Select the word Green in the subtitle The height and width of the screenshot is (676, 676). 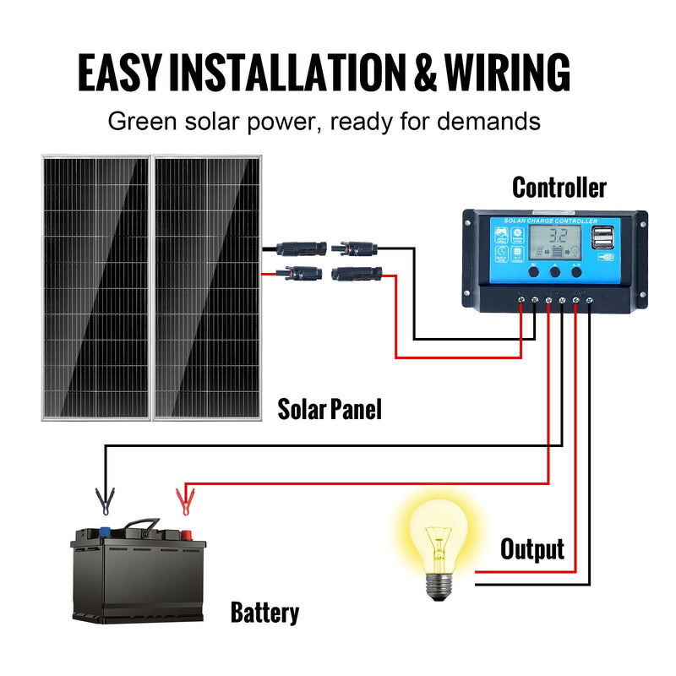point(139,121)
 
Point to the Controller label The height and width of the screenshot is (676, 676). point(559,187)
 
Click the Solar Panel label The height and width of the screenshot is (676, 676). point(330,410)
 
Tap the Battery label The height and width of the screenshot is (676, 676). point(264,613)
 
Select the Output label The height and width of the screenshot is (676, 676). point(532,549)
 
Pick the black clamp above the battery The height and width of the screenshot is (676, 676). point(105,502)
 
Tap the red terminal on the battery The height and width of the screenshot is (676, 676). point(183,534)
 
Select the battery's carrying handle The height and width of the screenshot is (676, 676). point(139,526)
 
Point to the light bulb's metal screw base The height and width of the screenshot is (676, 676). point(437,583)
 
